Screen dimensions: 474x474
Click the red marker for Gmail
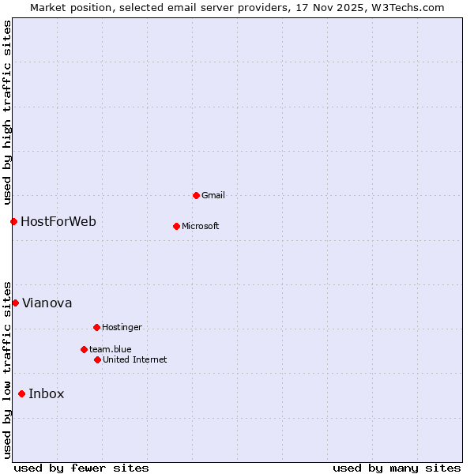tap(196, 195)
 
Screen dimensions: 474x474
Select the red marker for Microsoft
tap(176, 226)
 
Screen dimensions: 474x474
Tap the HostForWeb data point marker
tap(13, 221)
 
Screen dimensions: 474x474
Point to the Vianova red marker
tap(15, 303)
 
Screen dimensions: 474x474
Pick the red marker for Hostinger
tap(96, 327)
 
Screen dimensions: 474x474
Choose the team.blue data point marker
tap(84, 349)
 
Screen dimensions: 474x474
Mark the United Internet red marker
tap(97, 359)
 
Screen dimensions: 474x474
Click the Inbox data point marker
tap(21, 393)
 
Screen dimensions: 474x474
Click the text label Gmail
tap(213, 195)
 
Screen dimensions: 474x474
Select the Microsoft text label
tap(201, 226)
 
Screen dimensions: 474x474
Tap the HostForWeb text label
tap(58, 222)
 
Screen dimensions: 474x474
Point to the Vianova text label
tap(47, 303)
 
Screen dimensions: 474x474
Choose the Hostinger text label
tap(122, 327)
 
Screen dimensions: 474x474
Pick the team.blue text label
tap(111, 349)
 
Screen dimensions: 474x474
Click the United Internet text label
tap(135, 359)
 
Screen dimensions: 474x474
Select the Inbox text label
tap(47, 394)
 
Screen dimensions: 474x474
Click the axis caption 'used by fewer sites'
tap(81, 468)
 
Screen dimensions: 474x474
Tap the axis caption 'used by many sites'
tap(397, 468)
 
